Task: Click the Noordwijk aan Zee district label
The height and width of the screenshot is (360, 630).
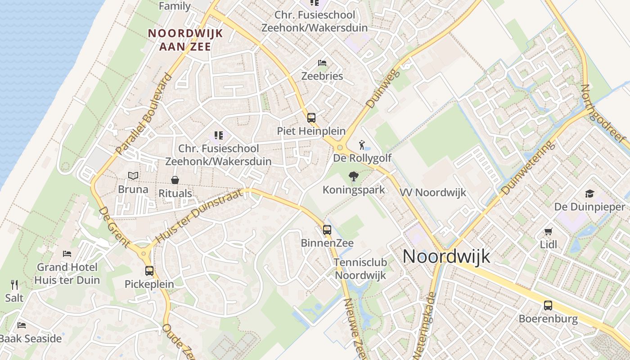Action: click(x=180, y=40)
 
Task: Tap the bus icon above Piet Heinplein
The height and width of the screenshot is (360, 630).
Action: click(x=311, y=118)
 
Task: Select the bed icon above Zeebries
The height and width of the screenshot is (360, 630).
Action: click(x=322, y=63)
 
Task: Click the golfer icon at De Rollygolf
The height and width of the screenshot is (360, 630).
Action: click(x=362, y=145)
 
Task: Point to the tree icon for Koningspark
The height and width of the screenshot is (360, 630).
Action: click(x=354, y=176)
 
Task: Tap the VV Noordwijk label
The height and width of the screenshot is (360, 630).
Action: click(x=433, y=193)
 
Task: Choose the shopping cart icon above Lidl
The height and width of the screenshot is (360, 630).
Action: click(x=548, y=232)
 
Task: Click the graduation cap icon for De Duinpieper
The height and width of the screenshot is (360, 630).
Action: click(x=589, y=194)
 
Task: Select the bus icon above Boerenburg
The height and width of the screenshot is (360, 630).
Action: click(x=548, y=306)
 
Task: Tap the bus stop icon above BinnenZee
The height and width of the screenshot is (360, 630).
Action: click(x=327, y=230)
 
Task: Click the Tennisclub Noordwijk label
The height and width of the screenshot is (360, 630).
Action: click(x=360, y=269)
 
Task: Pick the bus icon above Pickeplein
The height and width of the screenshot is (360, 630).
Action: click(x=149, y=271)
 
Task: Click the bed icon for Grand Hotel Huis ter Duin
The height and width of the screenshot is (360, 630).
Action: click(x=67, y=254)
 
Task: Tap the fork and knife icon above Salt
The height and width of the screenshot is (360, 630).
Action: click(x=14, y=284)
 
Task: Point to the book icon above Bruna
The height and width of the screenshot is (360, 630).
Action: click(x=133, y=175)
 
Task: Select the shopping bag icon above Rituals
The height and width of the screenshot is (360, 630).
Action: click(x=175, y=180)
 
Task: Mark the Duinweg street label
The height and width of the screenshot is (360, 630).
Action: click(x=377, y=89)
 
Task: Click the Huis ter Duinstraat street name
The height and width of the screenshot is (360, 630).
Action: click(x=198, y=216)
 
